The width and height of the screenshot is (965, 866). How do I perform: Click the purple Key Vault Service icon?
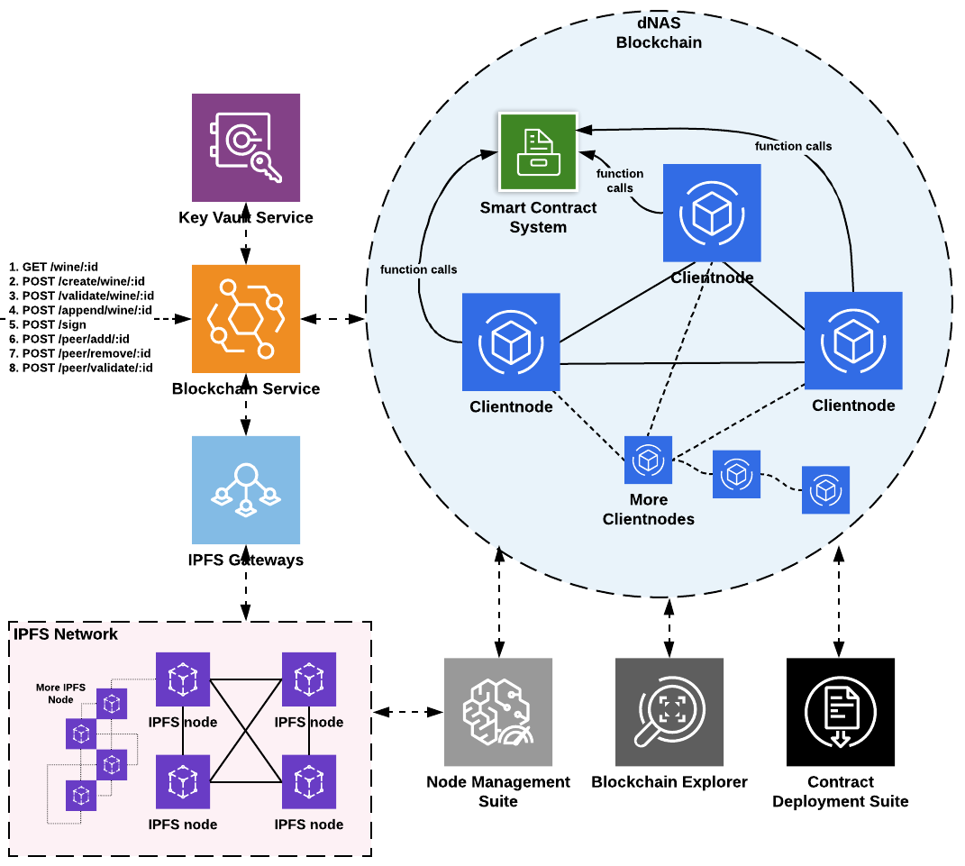245,147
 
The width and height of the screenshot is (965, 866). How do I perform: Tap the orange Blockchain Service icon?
245,319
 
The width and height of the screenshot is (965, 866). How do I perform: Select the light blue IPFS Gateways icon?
245,490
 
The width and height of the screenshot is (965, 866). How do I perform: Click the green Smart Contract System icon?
537,151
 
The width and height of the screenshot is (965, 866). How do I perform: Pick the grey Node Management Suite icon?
497,712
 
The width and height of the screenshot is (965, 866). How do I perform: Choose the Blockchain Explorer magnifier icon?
669,712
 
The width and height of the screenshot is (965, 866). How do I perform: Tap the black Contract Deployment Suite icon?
840,712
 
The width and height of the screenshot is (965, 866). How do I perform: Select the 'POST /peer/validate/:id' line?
80,368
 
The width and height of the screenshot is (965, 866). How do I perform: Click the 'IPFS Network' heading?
66,634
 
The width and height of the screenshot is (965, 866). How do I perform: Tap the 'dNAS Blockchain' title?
658,33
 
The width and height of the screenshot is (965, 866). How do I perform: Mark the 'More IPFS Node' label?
61,693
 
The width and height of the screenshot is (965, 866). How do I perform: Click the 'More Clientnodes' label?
648,509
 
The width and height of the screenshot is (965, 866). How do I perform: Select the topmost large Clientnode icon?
712,213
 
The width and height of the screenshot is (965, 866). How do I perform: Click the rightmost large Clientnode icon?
852,341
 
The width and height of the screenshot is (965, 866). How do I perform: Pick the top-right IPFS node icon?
309,679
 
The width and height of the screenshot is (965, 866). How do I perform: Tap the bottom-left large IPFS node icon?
183,781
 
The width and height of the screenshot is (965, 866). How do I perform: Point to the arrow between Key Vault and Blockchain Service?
245,242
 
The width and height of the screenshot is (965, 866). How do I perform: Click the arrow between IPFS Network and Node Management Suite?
409,712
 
